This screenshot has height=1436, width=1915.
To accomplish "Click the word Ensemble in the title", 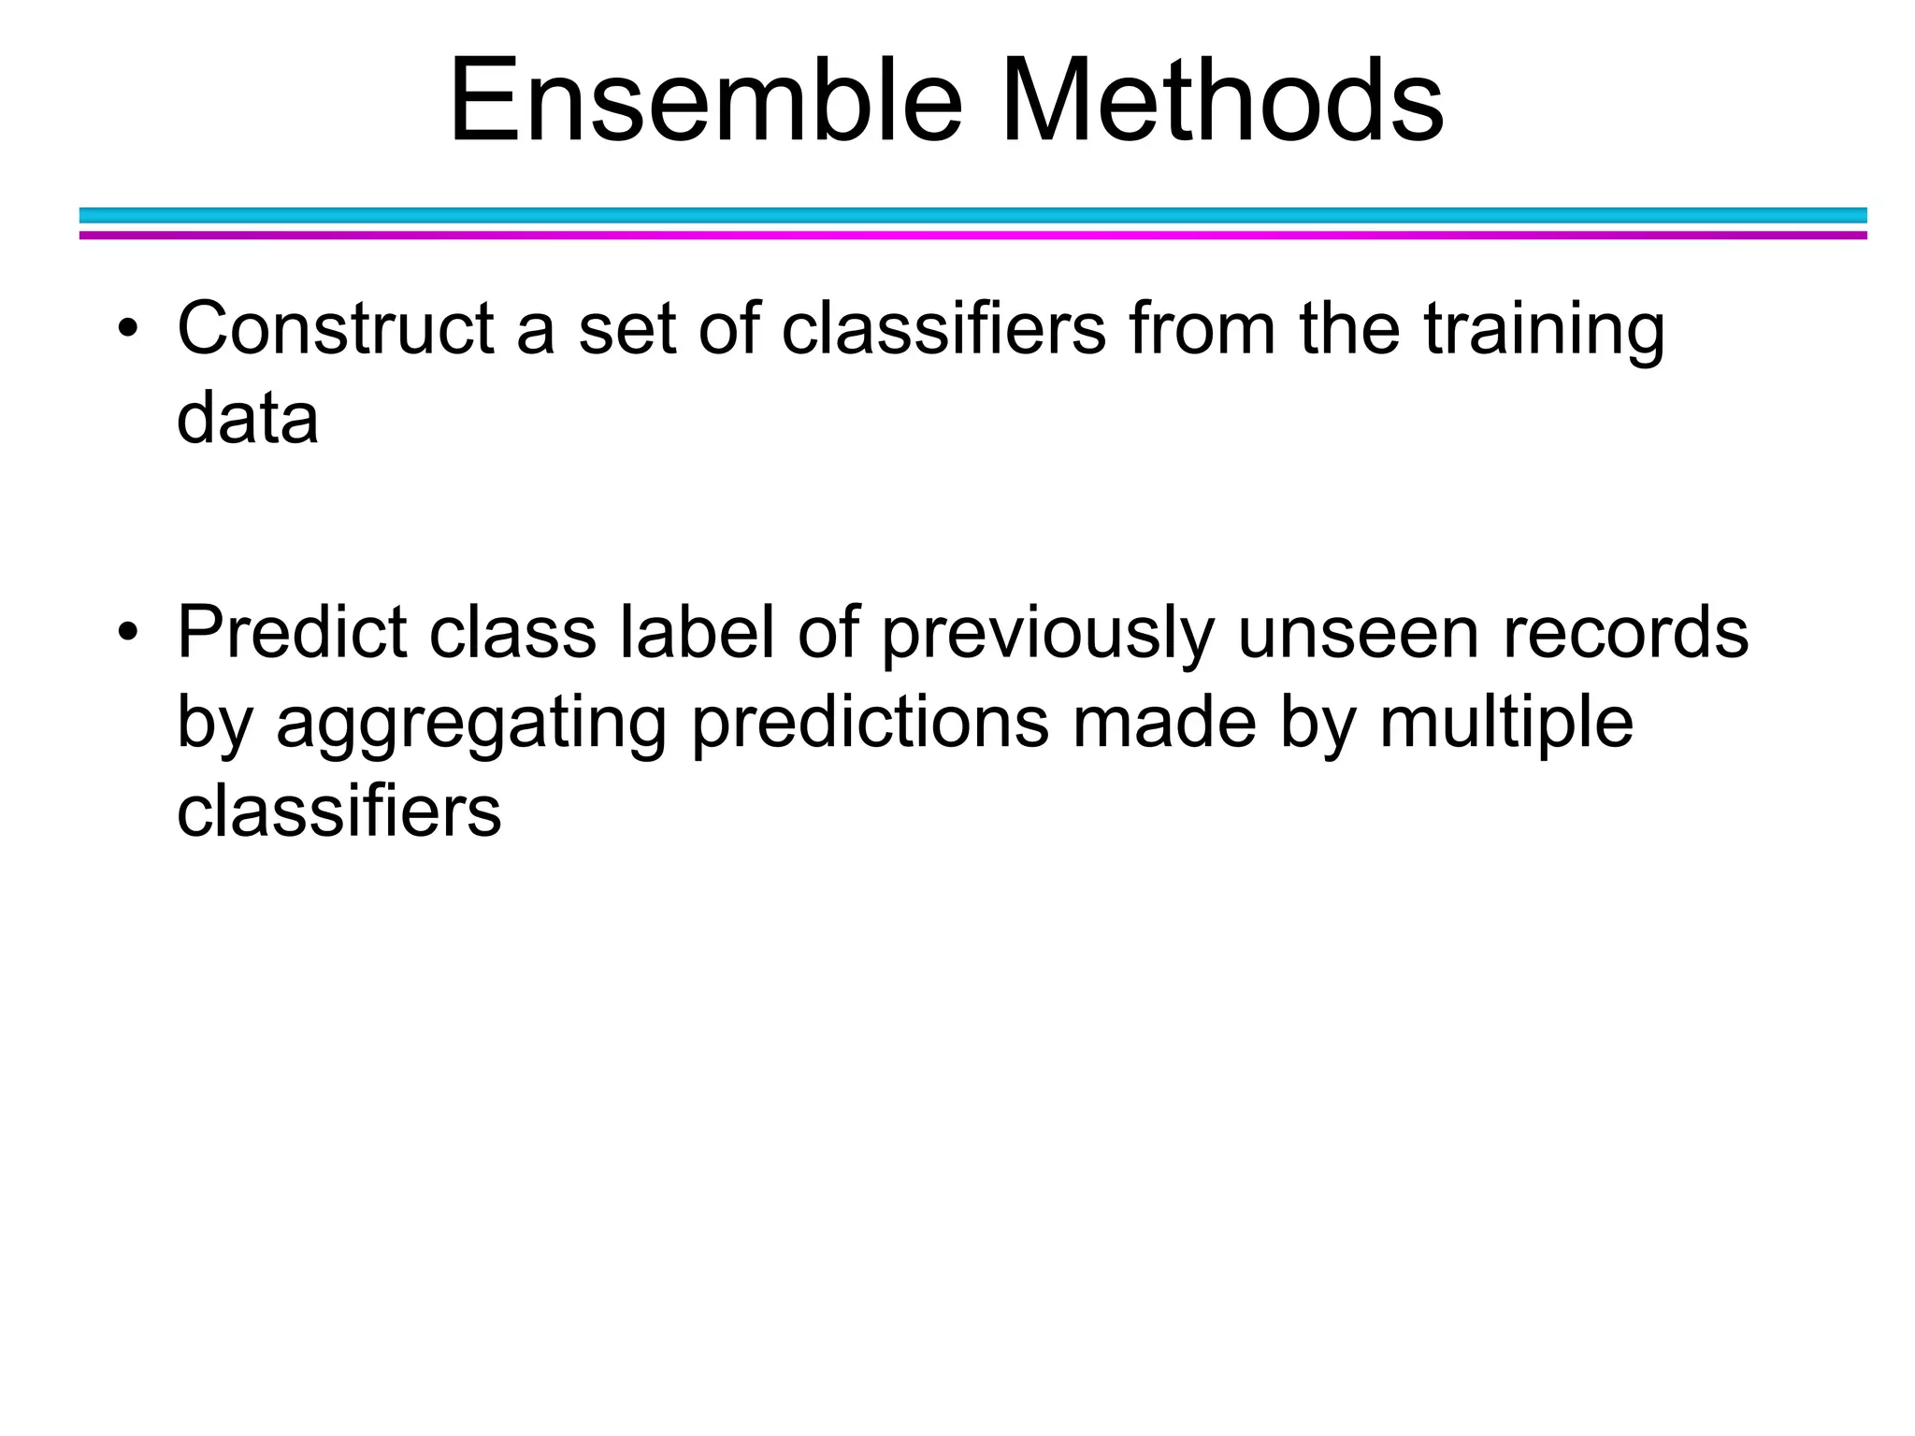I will pos(705,101).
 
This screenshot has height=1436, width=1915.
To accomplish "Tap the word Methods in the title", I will pos(1222,101).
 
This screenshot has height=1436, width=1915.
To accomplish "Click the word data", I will pos(247,418).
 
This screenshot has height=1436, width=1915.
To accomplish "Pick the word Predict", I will pos(292,633).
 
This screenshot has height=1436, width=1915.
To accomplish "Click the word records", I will pos(1625,633).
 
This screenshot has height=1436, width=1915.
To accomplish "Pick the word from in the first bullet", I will pos(1202,329).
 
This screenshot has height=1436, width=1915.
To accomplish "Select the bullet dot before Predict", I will pos(128,634).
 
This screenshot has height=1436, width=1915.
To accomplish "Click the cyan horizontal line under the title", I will pos(972,215).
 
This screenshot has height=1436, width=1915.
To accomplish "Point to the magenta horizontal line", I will pos(972,236).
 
